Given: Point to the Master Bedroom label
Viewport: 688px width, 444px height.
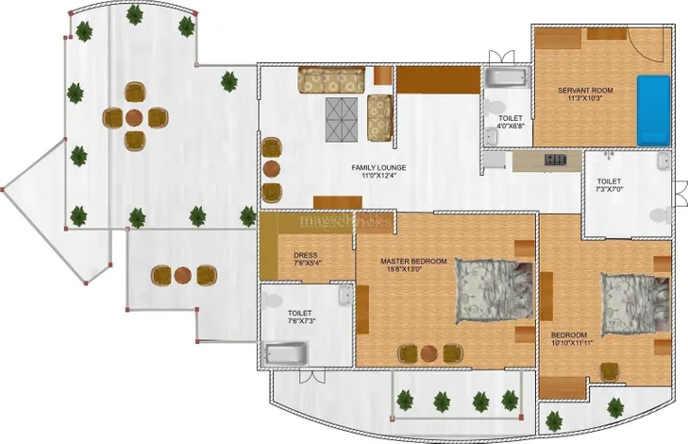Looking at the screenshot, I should pyautogui.click(x=413, y=260).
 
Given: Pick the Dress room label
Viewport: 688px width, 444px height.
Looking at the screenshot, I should pyautogui.click(x=304, y=253).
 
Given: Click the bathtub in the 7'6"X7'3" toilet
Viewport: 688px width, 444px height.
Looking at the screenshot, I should pyautogui.click(x=286, y=352).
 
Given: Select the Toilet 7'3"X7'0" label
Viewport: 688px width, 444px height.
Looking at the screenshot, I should pyautogui.click(x=610, y=179).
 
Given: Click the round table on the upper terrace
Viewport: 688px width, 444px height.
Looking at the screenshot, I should pyautogui.click(x=135, y=117).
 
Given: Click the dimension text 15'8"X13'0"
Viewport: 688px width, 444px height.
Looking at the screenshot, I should pyautogui.click(x=413, y=268).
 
